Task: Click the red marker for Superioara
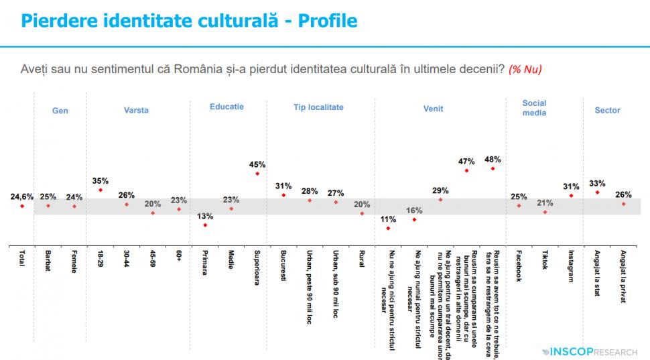(257, 174)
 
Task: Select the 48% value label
(493, 160)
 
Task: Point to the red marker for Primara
(205, 225)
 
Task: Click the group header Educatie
(226, 107)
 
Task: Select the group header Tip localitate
(318, 107)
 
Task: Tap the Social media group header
(534, 108)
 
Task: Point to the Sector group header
(607, 111)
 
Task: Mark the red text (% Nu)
(525, 69)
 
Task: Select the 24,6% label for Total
(22, 196)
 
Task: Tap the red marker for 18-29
(101, 190)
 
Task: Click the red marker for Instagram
(571, 196)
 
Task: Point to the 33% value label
(597, 183)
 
